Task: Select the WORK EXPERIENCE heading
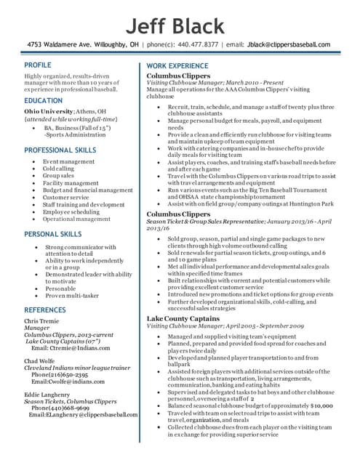(177, 66)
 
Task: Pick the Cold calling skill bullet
(58, 169)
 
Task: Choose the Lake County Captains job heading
(184, 319)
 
